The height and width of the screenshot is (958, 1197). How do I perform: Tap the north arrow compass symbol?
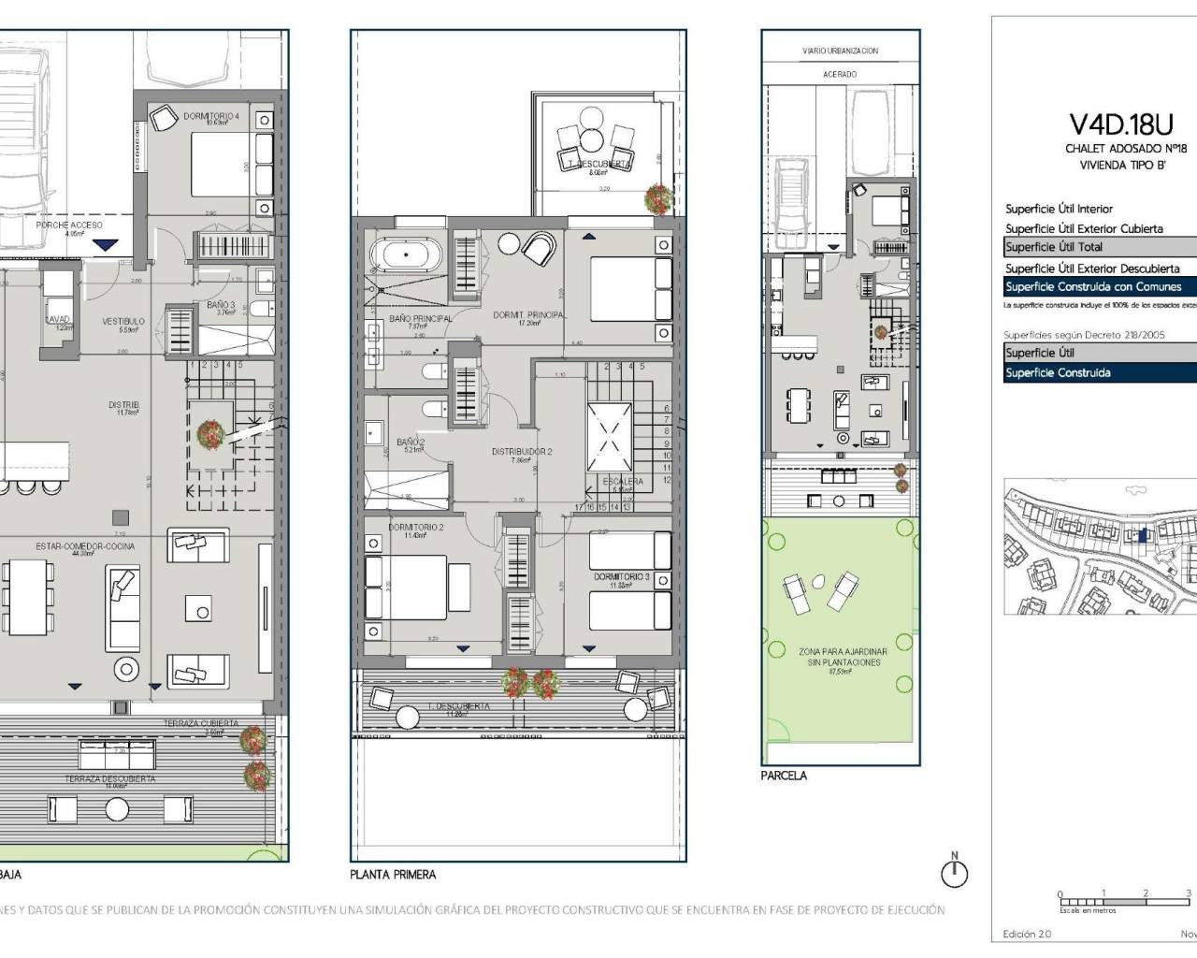[x=954, y=873]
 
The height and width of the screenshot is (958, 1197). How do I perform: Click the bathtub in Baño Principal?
[x=404, y=256]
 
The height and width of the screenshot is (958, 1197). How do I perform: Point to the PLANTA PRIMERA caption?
[x=393, y=875]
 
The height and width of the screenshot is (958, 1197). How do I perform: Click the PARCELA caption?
[x=784, y=776]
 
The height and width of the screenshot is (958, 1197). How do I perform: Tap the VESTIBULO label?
[x=123, y=322]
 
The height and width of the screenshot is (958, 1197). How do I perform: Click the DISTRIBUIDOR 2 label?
[x=522, y=452]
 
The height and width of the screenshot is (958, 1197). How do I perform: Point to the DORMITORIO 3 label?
[x=621, y=577]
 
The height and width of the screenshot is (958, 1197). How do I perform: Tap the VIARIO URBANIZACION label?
[x=840, y=51]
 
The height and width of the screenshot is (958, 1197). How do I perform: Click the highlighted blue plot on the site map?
[x=1142, y=535]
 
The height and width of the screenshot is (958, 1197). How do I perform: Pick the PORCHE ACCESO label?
[x=69, y=225]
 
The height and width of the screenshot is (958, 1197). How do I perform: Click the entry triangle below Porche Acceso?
[x=108, y=245]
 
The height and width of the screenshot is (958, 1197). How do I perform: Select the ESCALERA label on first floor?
[x=623, y=482]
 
